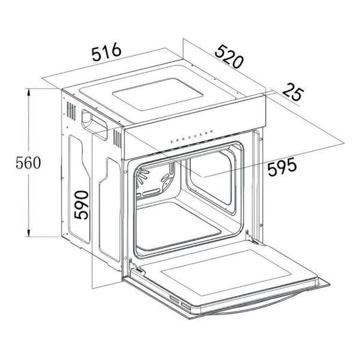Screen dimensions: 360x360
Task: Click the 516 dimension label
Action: [x=106, y=52]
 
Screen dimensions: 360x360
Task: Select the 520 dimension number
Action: [x=229, y=56]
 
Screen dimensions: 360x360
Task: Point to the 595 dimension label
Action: [x=282, y=166]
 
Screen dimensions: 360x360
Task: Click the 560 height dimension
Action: [x=28, y=163]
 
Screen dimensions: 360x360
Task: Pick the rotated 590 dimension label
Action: [x=82, y=205]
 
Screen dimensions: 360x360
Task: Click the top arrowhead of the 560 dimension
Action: [x=28, y=93]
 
